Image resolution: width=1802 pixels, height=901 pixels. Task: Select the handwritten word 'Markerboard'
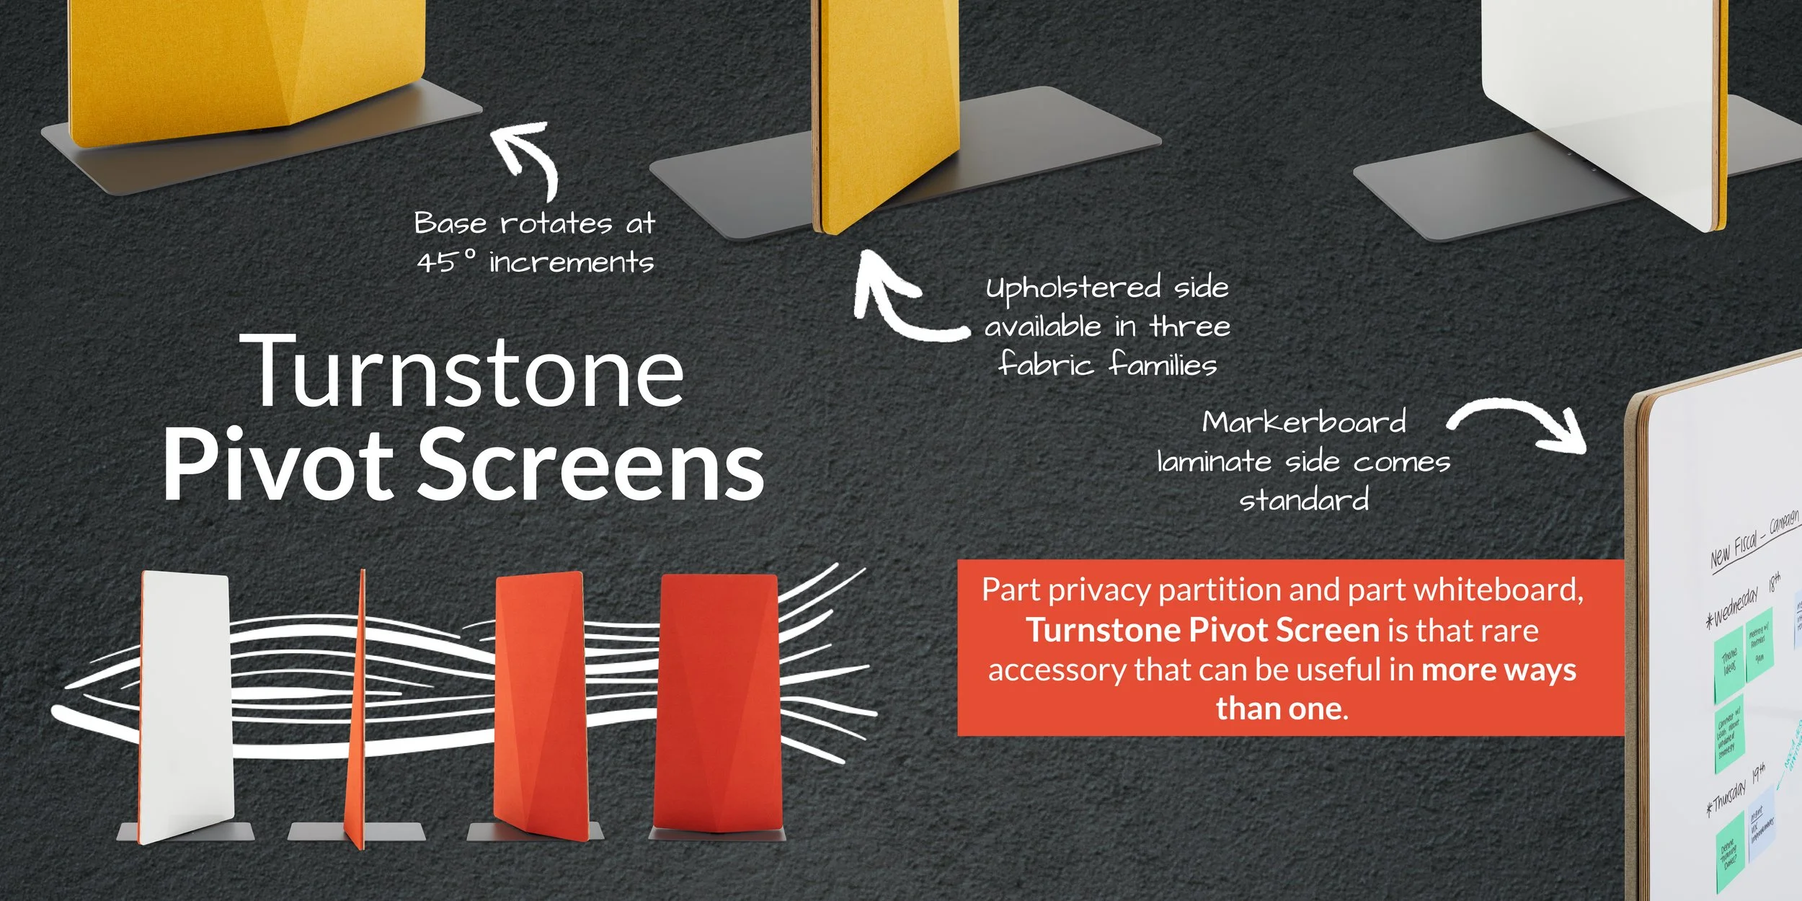click(1303, 422)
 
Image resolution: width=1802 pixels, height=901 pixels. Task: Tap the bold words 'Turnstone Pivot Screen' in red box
click(1202, 630)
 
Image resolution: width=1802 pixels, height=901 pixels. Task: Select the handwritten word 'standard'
click(1303, 500)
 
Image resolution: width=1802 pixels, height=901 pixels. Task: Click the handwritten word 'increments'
click(571, 262)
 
